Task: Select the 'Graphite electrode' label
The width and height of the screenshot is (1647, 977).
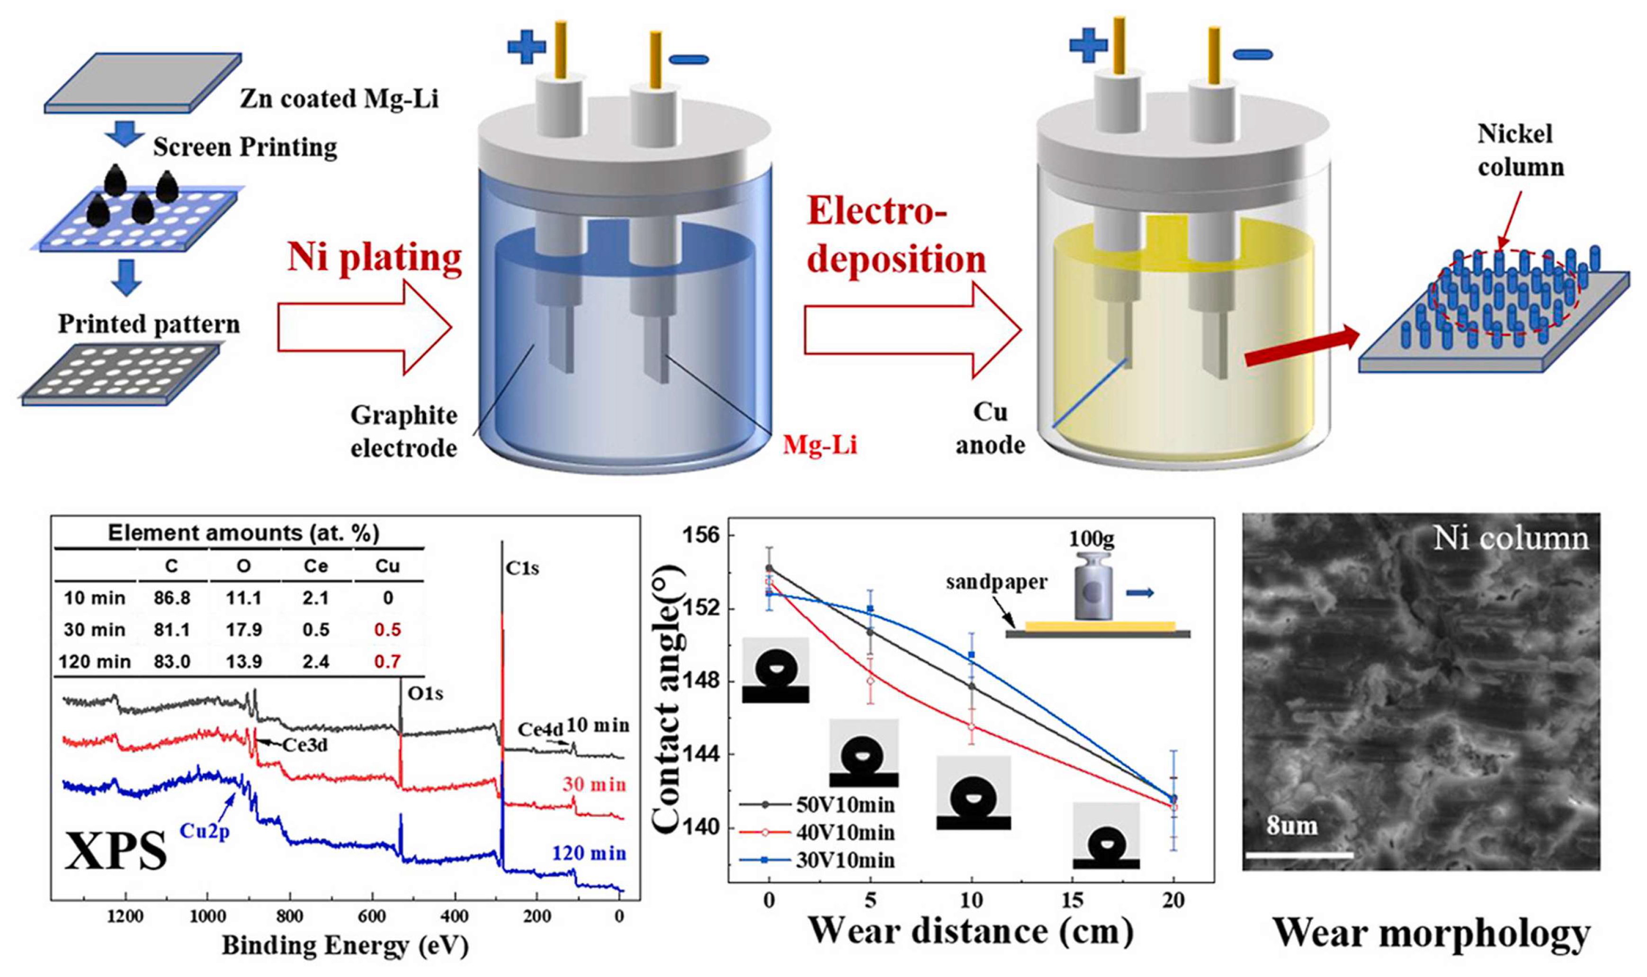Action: [x=403, y=431]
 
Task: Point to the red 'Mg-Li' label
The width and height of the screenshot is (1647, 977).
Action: [x=820, y=446]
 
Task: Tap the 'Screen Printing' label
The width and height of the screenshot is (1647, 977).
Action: [x=245, y=148]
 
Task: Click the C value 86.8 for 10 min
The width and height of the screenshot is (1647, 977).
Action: [x=172, y=598]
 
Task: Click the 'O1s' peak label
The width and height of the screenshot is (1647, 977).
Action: [x=425, y=693]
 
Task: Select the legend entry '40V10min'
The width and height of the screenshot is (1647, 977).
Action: [x=845, y=833]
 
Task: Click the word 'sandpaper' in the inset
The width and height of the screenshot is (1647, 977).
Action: [x=996, y=582]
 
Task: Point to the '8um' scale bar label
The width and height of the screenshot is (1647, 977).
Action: [x=1292, y=826]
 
